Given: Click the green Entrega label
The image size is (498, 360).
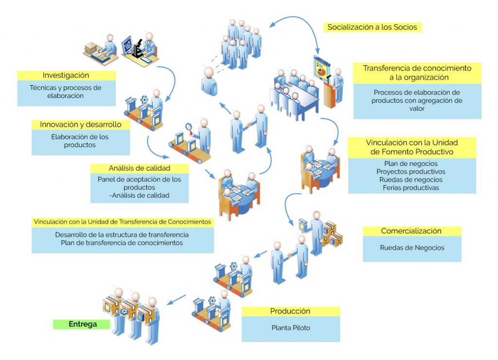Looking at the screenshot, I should point(82,324).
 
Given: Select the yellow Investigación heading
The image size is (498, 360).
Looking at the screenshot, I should point(66,75).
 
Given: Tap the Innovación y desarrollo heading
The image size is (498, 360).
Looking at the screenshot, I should point(81,125).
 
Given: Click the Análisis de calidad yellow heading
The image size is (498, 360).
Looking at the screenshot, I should point(139,168).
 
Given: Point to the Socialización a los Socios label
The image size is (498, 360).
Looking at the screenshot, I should point(372,27).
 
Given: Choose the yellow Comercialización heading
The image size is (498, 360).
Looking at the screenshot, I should point(411,231).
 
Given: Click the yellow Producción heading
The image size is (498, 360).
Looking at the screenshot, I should point(290,311).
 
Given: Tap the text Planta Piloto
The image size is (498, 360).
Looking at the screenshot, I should point(290,328).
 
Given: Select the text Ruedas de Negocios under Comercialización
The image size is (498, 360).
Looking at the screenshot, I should point(412,248).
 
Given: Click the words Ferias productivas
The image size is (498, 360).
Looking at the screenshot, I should point(411,187).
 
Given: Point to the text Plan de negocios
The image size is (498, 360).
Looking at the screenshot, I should point(411,163).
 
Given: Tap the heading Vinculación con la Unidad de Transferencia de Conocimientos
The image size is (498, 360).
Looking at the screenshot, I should point(122,222).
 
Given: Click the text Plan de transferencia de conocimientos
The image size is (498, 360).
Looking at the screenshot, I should point(122,243).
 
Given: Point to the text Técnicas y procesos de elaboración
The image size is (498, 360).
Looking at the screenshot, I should point(66,92).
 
